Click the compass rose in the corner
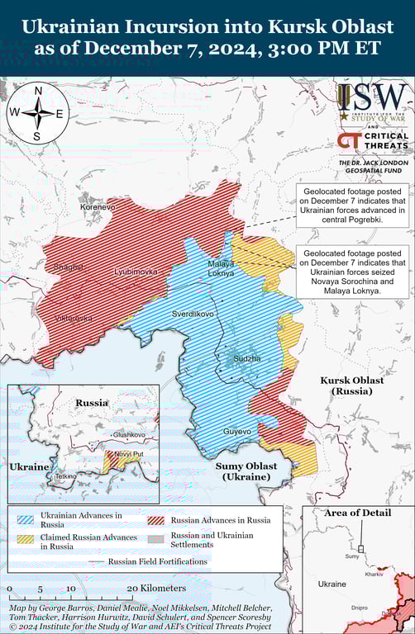click(36, 113)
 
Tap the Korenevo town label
click(98, 207)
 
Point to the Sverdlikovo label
click(193, 315)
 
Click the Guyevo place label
click(236, 432)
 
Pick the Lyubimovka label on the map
click(135, 272)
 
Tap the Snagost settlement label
click(68, 267)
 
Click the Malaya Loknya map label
click(221, 267)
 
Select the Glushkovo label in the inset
click(129, 434)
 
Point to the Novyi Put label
click(128, 454)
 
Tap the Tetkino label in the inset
click(65, 476)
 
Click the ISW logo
click(372, 102)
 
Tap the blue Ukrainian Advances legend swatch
click(29, 520)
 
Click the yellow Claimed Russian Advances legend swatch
click(29, 541)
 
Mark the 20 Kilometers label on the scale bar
click(157, 588)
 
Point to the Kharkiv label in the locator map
click(374, 573)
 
